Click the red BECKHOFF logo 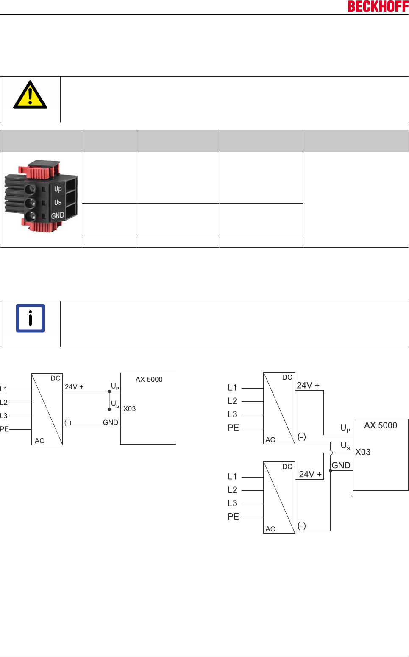point(378,6)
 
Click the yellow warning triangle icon point(30,95)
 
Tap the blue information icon point(30,318)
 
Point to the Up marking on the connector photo point(58,189)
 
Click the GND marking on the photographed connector point(58,215)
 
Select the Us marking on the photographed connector point(58,202)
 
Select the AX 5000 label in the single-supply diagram point(149,380)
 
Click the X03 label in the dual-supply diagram point(363,452)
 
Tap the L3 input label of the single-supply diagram point(4,416)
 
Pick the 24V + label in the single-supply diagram point(74,387)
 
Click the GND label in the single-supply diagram point(110,422)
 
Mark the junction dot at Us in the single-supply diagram point(109,409)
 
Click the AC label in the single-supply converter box point(39,441)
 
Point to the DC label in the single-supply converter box point(56,378)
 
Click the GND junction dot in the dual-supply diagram point(331,470)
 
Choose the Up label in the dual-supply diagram point(345,428)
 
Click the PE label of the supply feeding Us point(234,517)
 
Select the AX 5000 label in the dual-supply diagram point(381,425)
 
